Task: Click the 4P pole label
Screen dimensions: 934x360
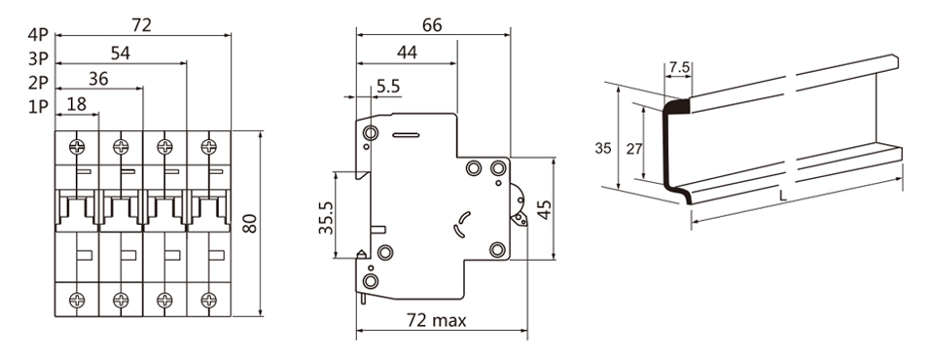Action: click(x=38, y=35)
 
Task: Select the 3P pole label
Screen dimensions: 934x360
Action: click(x=38, y=59)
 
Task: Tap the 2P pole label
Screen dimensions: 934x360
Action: click(x=38, y=83)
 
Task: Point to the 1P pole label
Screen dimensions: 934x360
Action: click(x=38, y=107)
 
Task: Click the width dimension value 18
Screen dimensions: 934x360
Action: click(x=76, y=104)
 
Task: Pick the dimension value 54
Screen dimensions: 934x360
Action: click(x=121, y=54)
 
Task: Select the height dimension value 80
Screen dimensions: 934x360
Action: click(x=250, y=223)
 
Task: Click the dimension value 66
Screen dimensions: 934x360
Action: click(x=432, y=25)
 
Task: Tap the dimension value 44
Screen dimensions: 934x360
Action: click(x=407, y=53)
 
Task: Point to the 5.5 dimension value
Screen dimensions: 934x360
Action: click(x=388, y=87)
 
